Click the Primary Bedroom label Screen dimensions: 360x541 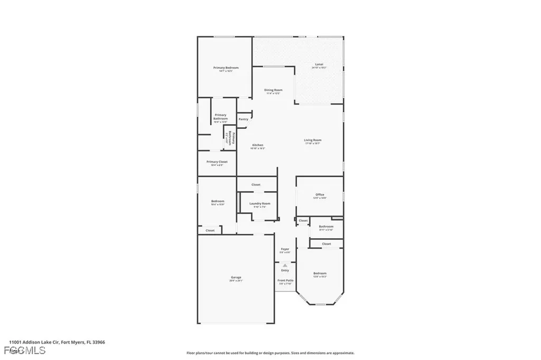pos(226,68)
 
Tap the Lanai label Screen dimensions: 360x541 pos(319,64)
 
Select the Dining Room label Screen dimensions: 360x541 pos(273,90)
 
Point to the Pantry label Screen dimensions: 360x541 pos(243,119)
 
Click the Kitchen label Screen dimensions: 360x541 pos(257,145)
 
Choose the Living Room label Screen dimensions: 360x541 pos(312,140)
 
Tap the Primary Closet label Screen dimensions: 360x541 pos(217,162)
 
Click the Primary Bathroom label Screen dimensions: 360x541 pos(220,117)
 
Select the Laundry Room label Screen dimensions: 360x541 pos(259,204)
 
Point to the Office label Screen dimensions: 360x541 pos(320,195)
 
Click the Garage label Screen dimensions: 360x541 pos(236,278)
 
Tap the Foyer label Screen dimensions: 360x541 pos(285,249)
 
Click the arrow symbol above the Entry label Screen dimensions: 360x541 pos(285,265)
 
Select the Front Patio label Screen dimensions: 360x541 pos(285,280)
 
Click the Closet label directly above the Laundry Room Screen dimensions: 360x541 pos(256,185)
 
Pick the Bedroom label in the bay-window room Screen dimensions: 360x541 pos(320,273)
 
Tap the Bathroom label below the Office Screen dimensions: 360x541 pos(326,227)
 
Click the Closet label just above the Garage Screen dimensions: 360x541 pos(210,231)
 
